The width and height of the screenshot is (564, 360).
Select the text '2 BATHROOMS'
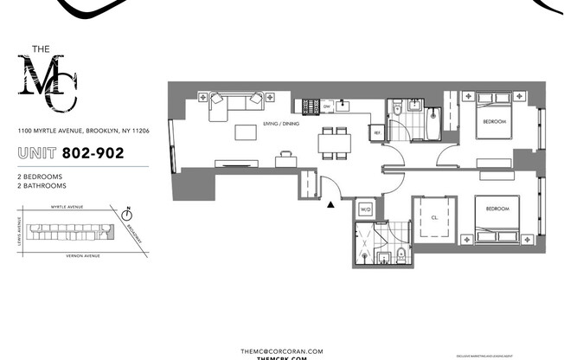tap(42, 186)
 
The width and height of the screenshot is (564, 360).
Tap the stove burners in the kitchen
tap(309, 106)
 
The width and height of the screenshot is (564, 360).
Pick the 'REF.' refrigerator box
tap(376, 132)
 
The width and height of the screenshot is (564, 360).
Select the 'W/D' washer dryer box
tap(365, 209)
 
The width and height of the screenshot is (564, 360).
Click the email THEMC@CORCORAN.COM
tap(282, 351)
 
